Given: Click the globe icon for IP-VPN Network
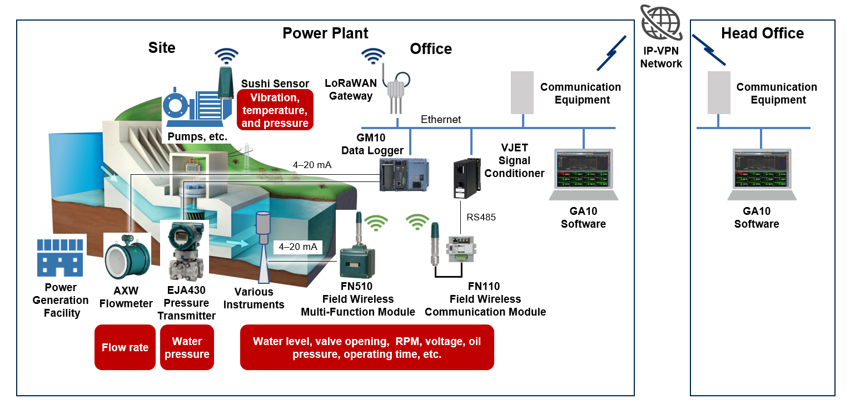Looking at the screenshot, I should [x=661, y=23].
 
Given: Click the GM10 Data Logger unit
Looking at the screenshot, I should [x=404, y=175].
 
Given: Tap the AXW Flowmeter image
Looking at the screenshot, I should [x=127, y=258].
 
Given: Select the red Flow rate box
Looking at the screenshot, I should [x=125, y=348].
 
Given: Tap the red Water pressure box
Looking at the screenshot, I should [x=187, y=348].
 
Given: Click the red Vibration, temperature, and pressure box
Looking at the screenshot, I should [x=275, y=111].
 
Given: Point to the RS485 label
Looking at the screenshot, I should [x=481, y=217].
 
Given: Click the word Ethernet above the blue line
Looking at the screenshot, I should [x=440, y=119].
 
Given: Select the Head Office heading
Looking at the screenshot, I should [x=762, y=33].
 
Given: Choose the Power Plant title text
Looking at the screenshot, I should [x=325, y=33].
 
